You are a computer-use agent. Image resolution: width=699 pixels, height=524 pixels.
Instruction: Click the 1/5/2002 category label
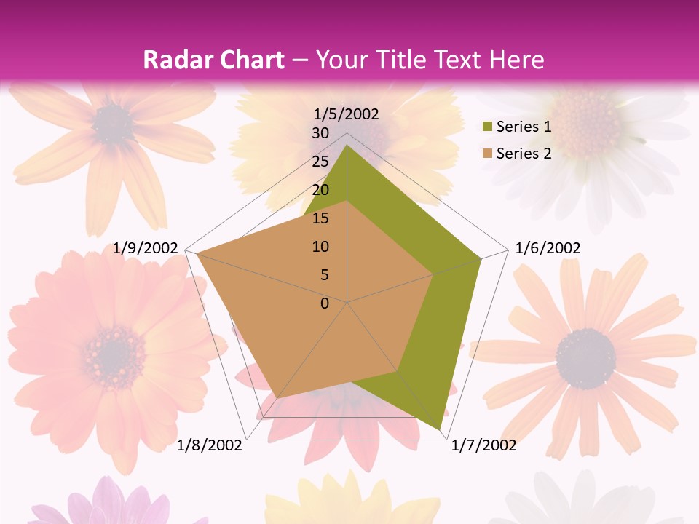(346, 114)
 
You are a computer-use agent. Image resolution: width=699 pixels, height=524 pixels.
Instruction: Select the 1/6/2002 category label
(548, 248)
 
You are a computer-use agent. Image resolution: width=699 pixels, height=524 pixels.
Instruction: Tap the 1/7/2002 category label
(483, 445)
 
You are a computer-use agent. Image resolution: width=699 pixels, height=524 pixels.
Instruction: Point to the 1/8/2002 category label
(210, 445)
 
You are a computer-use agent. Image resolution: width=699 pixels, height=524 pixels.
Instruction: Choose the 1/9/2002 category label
(146, 248)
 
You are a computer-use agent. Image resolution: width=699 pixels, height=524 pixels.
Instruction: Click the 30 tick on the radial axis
(320, 133)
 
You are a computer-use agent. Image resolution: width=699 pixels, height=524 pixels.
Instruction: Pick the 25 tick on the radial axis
(320, 162)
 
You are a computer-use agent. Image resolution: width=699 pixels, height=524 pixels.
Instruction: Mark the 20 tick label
(320, 190)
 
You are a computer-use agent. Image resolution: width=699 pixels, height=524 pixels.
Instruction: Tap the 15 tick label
(320, 218)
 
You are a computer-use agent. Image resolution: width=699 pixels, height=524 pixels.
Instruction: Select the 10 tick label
(320, 247)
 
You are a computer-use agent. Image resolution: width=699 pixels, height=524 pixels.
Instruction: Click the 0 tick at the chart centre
(325, 303)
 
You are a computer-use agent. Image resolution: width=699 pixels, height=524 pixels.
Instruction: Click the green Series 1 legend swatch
(487, 127)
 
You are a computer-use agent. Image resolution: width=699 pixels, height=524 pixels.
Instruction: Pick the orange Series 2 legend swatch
(487, 154)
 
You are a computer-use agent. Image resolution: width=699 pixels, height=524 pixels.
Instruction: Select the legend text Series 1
(524, 127)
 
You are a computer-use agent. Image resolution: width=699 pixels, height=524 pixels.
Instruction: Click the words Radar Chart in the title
(213, 60)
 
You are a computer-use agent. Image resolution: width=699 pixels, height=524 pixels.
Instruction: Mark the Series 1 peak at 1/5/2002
(347, 146)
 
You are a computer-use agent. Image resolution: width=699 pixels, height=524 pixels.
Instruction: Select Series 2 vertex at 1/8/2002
(279, 397)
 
